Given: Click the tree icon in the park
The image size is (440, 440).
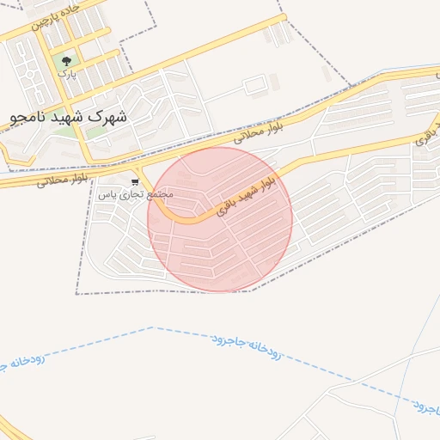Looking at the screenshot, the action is point(66,61).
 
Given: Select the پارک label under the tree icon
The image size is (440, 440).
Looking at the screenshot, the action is point(66,73).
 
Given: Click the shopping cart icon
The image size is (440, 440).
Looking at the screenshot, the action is point(135,181).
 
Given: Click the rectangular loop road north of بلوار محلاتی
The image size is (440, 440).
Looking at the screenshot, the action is point(255,87).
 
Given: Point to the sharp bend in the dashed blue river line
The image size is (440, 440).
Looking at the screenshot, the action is point(153,327).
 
